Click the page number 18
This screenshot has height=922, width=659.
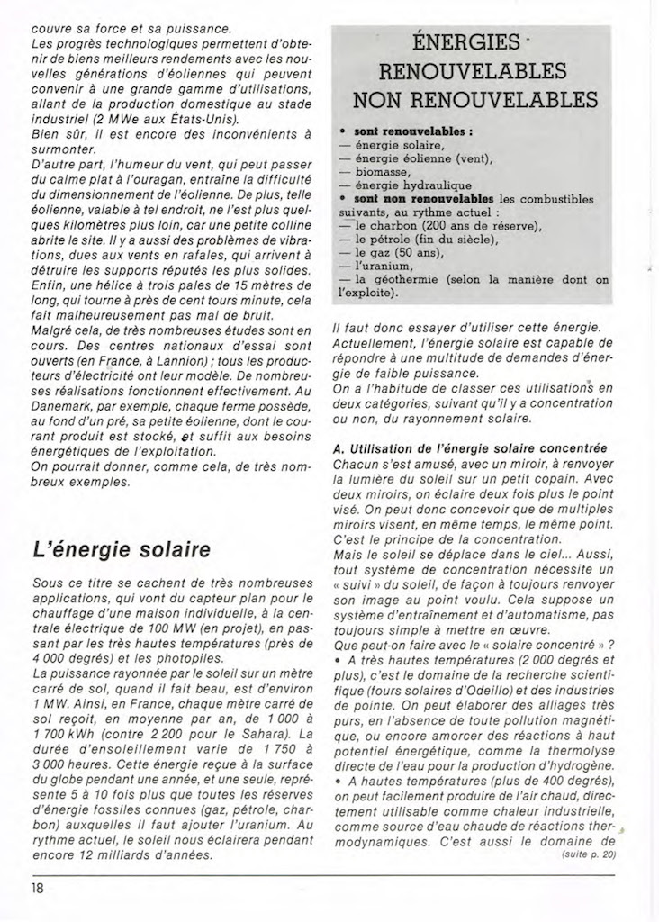pos(38,887)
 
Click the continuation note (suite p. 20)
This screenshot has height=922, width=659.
pos(589,854)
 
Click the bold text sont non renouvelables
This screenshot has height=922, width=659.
pos(424,198)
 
